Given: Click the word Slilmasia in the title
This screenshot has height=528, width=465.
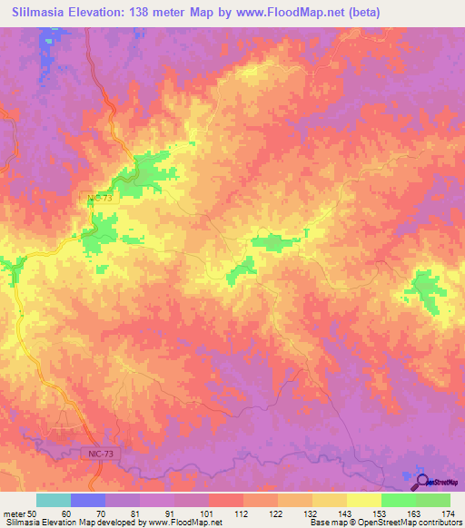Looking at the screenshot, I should pos(40,13).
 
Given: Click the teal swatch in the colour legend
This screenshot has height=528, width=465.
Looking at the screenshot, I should pos(54,500).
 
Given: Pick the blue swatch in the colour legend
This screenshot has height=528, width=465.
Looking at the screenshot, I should pos(88,500).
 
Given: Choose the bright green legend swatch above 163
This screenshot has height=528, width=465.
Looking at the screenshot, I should pos(398,500).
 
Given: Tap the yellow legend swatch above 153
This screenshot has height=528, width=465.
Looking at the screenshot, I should pos(363,500).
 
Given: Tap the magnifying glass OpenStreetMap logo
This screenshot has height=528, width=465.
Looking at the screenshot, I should pos(422,482).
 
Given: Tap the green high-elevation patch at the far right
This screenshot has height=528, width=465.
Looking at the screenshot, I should pos(423,290).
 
